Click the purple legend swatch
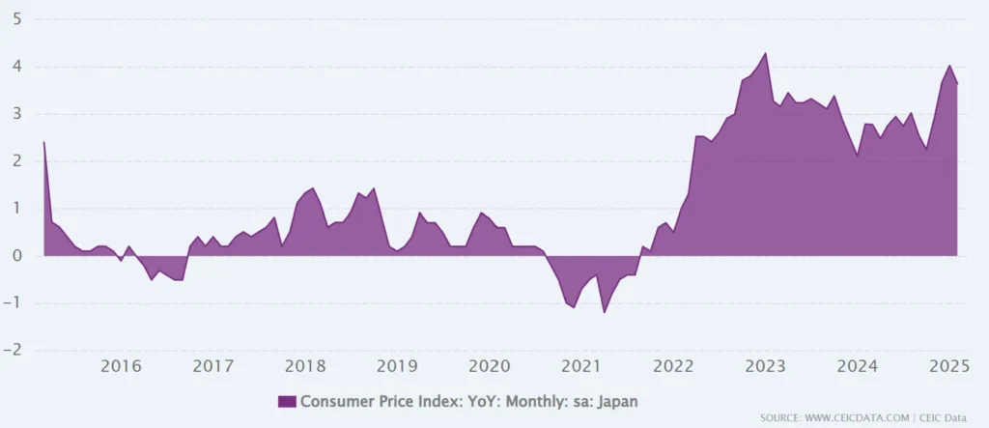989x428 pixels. click(287, 401)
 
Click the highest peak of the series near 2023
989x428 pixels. click(765, 53)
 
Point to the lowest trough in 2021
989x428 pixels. click(605, 312)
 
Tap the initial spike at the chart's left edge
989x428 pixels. click(44, 142)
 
